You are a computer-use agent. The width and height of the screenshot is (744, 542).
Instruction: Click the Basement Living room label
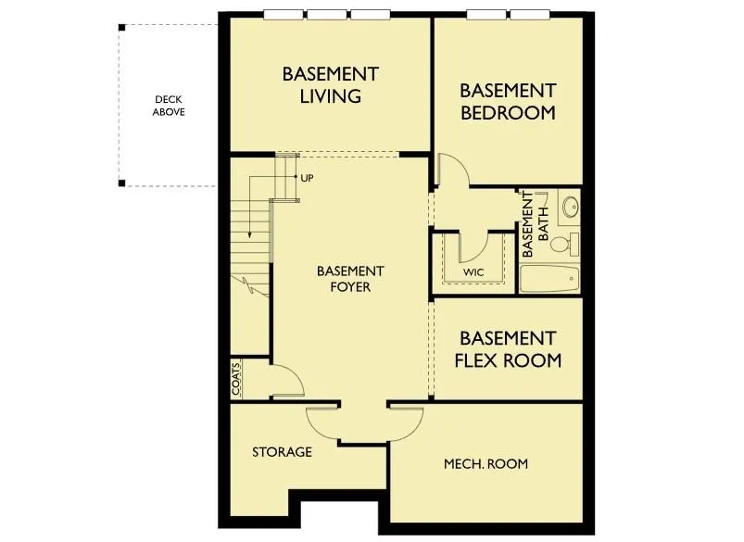click(330, 85)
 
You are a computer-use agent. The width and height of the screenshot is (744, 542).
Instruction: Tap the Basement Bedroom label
click(508, 102)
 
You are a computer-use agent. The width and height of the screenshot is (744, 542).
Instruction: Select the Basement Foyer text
click(350, 279)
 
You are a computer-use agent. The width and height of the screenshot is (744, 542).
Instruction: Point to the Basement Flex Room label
click(508, 349)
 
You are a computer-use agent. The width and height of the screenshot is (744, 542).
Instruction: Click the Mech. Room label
click(485, 463)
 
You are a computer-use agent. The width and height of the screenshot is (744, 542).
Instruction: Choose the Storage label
click(282, 452)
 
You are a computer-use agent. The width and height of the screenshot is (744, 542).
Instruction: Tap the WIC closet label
click(473, 272)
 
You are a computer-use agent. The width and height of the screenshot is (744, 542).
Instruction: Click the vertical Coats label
click(236, 379)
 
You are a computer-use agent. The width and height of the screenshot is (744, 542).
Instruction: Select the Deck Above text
click(169, 106)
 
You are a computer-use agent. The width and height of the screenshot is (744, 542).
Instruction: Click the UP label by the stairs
click(307, 179)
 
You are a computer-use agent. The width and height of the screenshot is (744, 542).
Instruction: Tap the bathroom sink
click(570, 207)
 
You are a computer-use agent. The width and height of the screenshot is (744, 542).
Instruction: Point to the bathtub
click(550, 279)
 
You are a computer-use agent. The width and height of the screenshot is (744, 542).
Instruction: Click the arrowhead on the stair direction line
click(249, 235)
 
